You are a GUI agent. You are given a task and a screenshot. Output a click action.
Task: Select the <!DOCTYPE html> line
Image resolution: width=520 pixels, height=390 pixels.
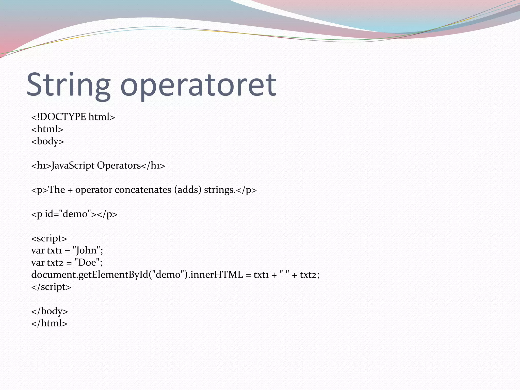point(73,117)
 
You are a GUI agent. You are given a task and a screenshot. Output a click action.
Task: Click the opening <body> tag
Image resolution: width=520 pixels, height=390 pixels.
point(47,141)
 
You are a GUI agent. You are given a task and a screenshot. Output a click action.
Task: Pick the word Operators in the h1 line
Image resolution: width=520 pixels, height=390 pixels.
point(119,166)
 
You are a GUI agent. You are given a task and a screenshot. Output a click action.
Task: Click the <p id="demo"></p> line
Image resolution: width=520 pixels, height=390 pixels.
point(74,214)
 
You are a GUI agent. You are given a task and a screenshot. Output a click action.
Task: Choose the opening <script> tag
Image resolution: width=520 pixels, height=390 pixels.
point(49,238)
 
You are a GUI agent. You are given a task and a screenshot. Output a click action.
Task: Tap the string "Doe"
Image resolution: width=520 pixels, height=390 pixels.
point(87,263)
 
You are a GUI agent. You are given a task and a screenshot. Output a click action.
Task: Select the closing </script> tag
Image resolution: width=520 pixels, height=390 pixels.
point(51,287)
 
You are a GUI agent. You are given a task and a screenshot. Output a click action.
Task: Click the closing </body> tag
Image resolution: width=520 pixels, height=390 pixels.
point(50,311)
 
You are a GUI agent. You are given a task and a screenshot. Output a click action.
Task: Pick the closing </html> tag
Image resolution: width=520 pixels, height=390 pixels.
point(49,323)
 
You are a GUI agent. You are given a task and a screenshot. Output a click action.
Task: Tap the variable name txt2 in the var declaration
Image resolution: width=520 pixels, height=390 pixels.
point(55,263)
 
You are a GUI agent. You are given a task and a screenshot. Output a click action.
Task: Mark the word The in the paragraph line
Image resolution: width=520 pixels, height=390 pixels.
point(56,190)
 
